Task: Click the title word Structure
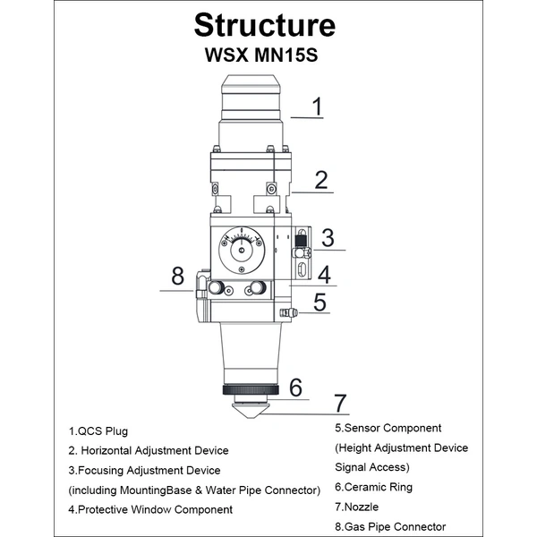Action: [x=265, y=25]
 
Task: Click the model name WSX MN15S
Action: [x=261, y=55]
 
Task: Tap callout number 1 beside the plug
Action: [x=318, y=107]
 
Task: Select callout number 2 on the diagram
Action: [x=321, y=180]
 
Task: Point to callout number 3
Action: [x=328, y=238]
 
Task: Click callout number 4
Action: [x=324, y=275]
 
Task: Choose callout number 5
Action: [x=320, y=303]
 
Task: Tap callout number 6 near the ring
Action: [x=296, y=388]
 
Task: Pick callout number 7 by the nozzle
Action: [x=340, y=403]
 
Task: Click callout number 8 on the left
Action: [x=178, y=276]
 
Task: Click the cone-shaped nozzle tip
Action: [x=251, y=410]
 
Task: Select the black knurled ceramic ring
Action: [x=251, y=389]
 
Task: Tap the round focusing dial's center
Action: [x=242, y=251]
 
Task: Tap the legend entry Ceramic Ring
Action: [x=373, y=487]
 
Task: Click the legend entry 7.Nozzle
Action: [x=357, y=507]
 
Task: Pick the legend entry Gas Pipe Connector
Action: [x=390, y=527]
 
